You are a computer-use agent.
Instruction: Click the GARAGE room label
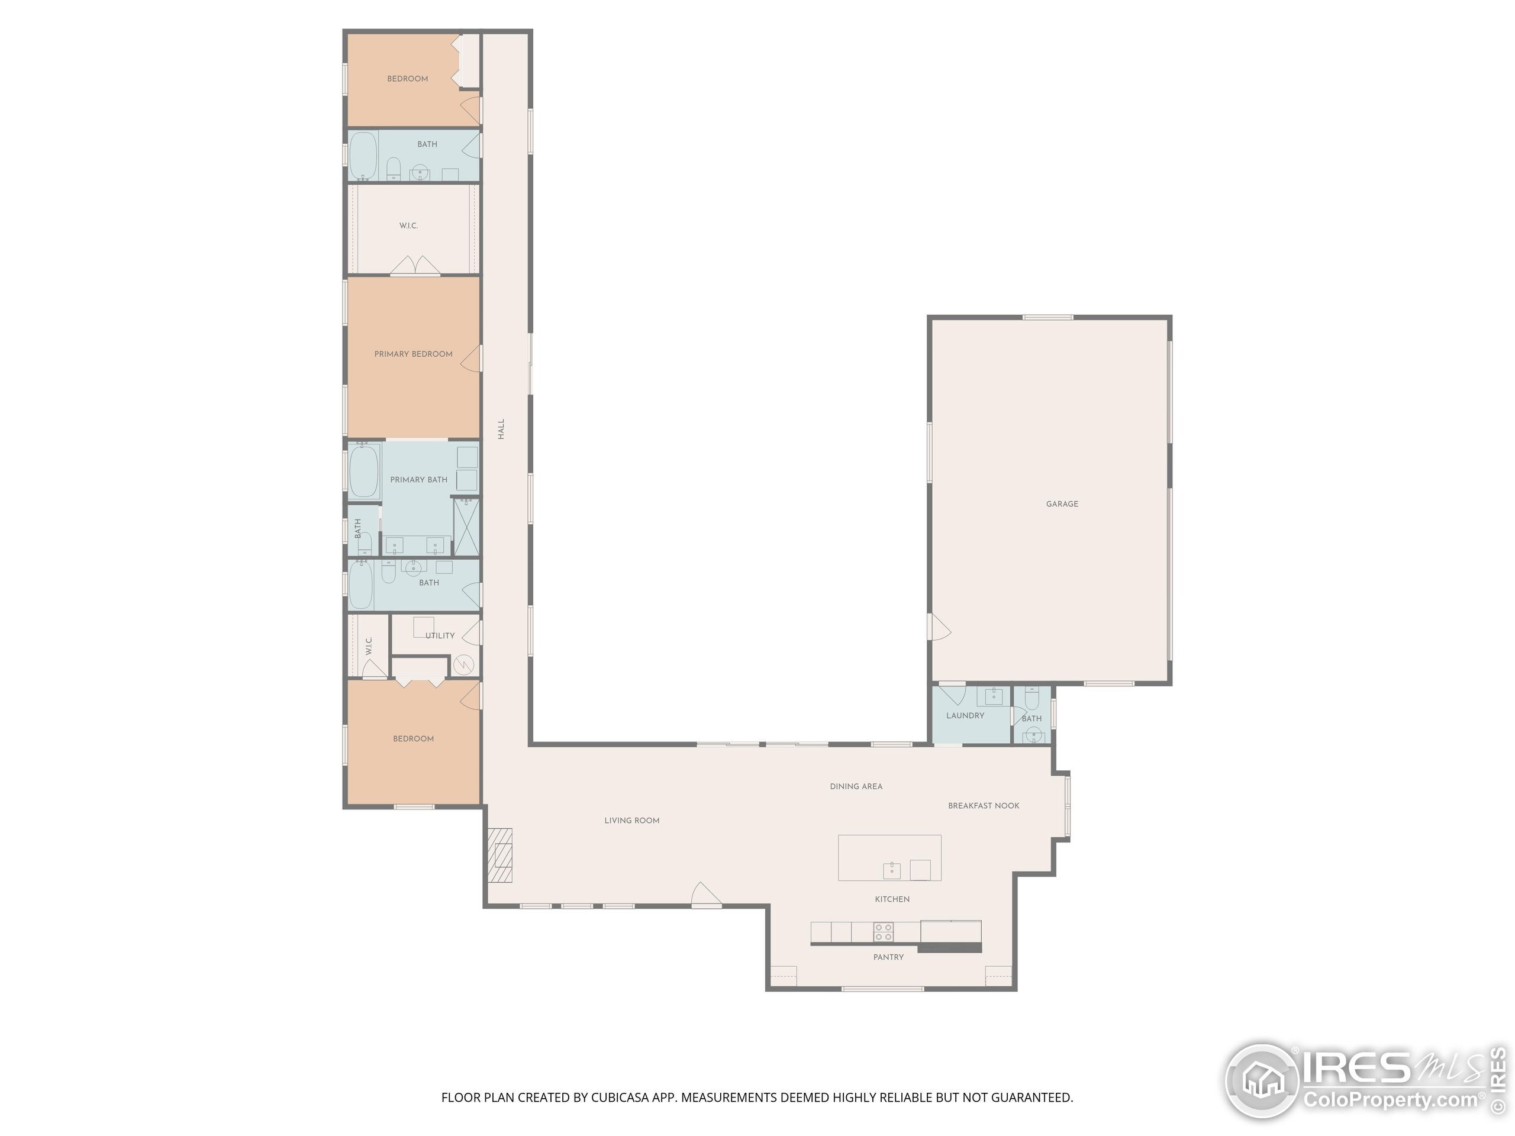pyautogui.click(x=1062, y=504)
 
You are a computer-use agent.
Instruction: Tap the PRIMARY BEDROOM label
pyautogui.click(x=413, y=354)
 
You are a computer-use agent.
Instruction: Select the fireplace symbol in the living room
pyautogui.click(x=500, y=856)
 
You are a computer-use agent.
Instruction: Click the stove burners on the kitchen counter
pyautogui.click(x=883, y=932)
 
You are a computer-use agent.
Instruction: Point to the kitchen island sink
pyautogui.click(x=891, y=870)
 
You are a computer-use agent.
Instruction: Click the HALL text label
pyautogui.click(x=501, y=430)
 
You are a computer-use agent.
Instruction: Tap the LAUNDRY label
pyautogui.click(x=965, y=715)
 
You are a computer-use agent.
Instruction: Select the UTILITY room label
pyautogui.click(x=440, y=635)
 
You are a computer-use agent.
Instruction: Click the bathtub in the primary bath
pyautogui.click(x=364, y=471)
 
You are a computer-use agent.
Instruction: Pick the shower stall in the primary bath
pyautogui.click(x=466, y=527)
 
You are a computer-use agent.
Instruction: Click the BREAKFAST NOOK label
pyautogui.click(x=984, y=806)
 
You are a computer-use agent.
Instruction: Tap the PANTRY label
pyautogui.click(x=888, y=957)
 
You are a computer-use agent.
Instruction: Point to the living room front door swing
pyautogui.click(x=706, y=894)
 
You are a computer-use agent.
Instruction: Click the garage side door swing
pyautogui.click(x=939, y=627)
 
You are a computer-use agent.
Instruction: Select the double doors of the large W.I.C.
pyautogui.click(x=415, y=266)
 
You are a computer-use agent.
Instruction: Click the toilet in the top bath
pyautogui.click(x=393, y=169)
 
